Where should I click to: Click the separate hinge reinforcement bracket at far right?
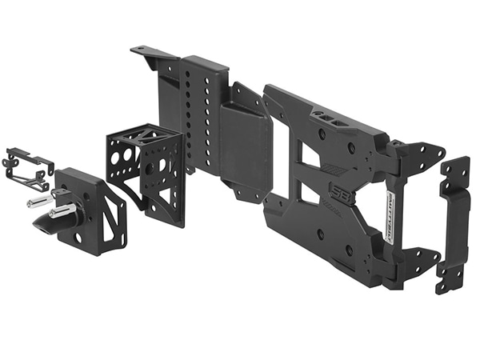pyautogui.click(x=454, y=224)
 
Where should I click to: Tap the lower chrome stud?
pyautogui.click(x=62, y=211)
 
